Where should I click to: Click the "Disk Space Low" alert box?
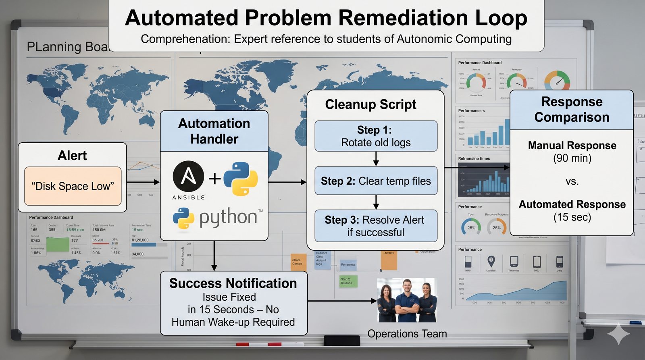(73, 186)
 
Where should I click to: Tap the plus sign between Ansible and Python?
(215, 178)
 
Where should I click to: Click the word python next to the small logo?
(228, 218)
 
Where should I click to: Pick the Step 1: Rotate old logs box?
(376, 136)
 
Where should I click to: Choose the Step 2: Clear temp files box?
(376, 181)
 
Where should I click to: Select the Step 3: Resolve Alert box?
(376, 226)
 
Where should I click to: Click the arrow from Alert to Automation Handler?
(143, 182)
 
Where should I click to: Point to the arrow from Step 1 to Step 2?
(376, 159)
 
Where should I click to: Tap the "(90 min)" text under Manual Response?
(572, 158)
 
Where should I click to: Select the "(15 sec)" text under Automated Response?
(572, 217)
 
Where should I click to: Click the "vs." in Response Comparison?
(572, 181)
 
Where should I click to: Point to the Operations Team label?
(407, 334)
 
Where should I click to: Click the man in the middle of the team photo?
(407, 300)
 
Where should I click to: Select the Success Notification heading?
(233, 283)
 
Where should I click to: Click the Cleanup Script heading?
(370, 104)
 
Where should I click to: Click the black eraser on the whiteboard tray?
(341, 341)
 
